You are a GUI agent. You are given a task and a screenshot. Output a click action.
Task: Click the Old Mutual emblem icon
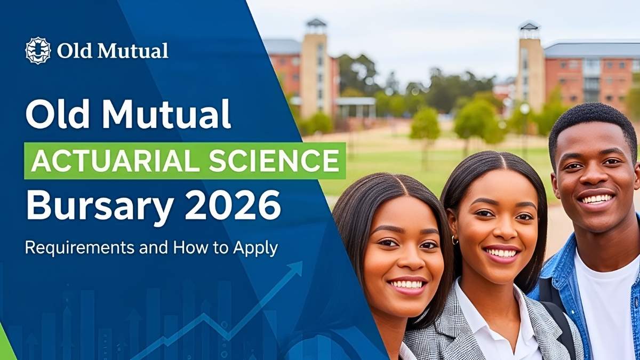[38, 51]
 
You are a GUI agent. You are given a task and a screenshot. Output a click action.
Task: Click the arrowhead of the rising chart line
[294, 268]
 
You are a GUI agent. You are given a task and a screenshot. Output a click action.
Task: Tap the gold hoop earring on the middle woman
[455, 240]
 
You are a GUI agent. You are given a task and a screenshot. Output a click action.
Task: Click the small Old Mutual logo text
[113, 51]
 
